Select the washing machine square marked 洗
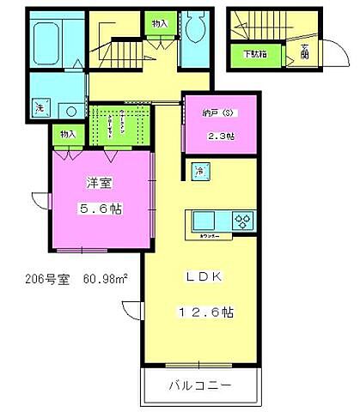click(x=38, y=107)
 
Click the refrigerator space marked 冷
click(x=199, y=171)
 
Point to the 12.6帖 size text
click(x=205, y=312)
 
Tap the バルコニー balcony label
click(x=199, y=386)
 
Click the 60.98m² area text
click(x=106, y=279)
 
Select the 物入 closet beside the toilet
click(x=160, y=25)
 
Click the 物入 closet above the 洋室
click(x=68, y=134)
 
